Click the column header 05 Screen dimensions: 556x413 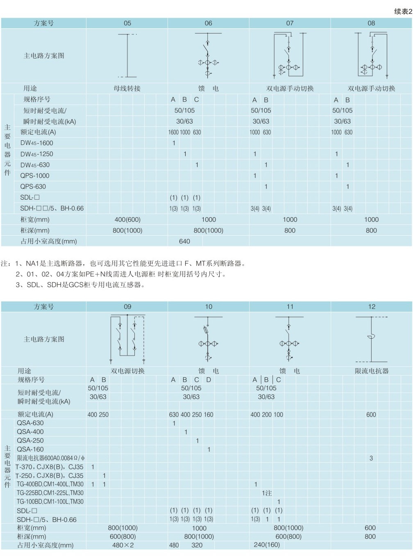tap(127, 23)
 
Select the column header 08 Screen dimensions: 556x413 tap(371, 23)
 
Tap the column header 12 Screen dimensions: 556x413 tap(372, 306)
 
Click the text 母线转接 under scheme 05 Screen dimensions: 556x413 tap(127, 88)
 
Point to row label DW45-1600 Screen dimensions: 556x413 tap(37, 143)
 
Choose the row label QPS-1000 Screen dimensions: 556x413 tap(35, 176)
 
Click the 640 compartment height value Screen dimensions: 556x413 tap(184, 241)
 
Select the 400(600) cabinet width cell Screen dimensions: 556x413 tap(127, 220)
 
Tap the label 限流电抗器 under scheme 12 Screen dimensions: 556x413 tap(372, 371)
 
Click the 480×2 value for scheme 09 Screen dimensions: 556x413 tap(123, 545)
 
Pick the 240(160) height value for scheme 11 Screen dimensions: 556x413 tap(267, 545)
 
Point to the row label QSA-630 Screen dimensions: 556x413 tap(30, 423)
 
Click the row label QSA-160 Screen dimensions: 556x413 tap(30, 449)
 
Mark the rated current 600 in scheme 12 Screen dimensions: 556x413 tap(371, 414)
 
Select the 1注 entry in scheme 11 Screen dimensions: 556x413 tap(267, 493)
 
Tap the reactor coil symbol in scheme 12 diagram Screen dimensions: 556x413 tap(371, 337)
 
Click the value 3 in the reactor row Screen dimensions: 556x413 tap(371, 458)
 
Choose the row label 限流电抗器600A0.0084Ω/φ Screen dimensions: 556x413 tap(50, 458)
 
